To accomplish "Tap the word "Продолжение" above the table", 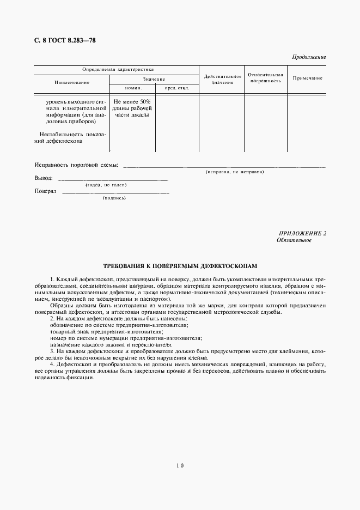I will [x=309, y=57].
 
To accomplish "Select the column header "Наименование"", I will [x=71, y=82].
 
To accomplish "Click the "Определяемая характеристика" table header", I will [x=117, y=70].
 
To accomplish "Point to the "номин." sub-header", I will [x=133, y=88].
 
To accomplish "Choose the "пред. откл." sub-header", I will [x=176, y=88].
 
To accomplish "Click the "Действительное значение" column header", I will [x=222, y=80].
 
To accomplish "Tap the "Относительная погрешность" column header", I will [x=265, y=77].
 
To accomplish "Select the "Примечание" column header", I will [x=307, y=78].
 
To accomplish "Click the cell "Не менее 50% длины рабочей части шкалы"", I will [x=132, y=108].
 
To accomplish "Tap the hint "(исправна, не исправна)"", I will [x=235, y=172].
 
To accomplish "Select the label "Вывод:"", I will [x=44, y=178].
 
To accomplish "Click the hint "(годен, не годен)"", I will [x=107, y=185].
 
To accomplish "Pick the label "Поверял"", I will [x=45, y=191].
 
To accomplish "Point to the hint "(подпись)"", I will [x=114, y=198].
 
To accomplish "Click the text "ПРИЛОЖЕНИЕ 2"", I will [x=302, y=234].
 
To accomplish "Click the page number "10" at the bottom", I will [x=180, y=466].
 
